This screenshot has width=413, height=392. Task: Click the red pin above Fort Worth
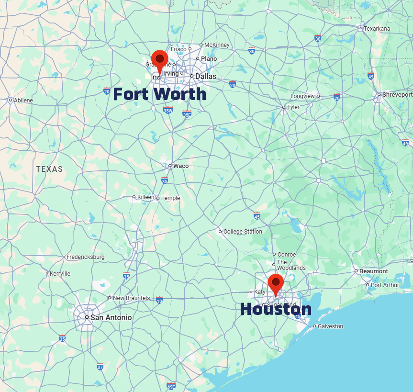click(x=160, y=59)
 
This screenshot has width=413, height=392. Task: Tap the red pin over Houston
click(x=276, y=283)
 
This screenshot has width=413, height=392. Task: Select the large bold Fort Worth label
click(x=159, y=94)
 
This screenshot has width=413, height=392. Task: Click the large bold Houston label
click(x=275, y=309)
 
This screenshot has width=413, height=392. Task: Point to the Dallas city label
click(x=205, y=76)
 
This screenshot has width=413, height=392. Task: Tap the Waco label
click(x=180, y=166)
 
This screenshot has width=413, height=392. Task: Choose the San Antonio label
click(x=111, y=317)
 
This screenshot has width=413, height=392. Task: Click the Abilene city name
click(x=23, y=101)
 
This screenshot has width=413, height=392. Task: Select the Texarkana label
click(x=377, y=29)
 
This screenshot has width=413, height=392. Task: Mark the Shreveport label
click(x=397, y=95)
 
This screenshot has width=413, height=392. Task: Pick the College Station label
click(x=243, y=232)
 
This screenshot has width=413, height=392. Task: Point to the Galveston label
click(x=331, y=326)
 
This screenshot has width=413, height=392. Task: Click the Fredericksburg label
click(x=85, y=257)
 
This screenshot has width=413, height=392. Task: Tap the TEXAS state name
click(x=49, y=169)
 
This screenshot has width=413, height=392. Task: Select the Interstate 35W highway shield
click(x=167, y=110)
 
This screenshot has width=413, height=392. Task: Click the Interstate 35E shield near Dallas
click(x=187, y=113)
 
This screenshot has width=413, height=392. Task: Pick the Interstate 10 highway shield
click(x=159, y=300)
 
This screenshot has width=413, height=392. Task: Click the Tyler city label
click(x=293, y=107)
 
